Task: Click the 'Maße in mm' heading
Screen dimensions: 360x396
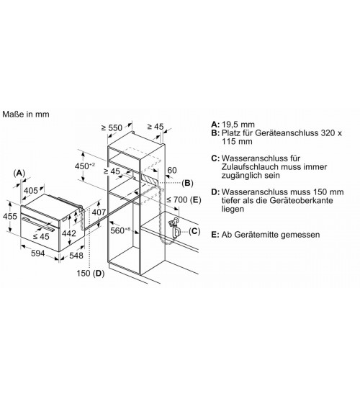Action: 26,114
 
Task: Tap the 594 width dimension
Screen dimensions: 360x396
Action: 38,253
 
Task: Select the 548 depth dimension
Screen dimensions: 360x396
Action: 76,256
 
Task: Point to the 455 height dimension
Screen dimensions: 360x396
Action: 9,216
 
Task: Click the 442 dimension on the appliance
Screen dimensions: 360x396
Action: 69,233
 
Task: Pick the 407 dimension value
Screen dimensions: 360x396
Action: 99,212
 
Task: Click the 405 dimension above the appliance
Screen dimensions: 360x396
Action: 30,190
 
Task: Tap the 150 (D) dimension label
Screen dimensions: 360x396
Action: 91,273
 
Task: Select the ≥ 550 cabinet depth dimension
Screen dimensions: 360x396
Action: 112,127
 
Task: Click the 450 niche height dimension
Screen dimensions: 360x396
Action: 85,166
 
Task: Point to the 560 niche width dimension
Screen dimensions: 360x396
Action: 120,230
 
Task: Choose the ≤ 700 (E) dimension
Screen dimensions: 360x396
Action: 184,200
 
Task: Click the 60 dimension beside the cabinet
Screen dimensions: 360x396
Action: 172,170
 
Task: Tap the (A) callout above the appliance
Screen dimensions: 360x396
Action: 19,174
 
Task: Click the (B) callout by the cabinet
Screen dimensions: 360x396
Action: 187,183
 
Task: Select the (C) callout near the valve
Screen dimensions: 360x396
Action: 194,231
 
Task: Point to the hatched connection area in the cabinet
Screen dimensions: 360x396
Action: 150,179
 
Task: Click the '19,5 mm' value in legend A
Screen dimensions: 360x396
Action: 238,125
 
